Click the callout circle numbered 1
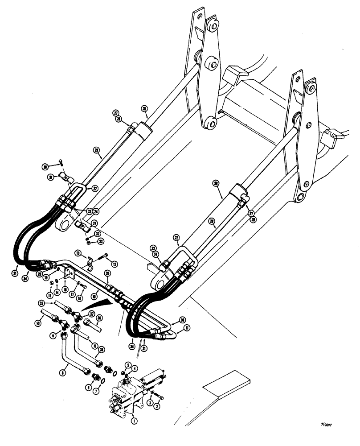(133, 419)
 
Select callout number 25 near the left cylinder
(144, 108)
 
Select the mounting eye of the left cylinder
(64, 221)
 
